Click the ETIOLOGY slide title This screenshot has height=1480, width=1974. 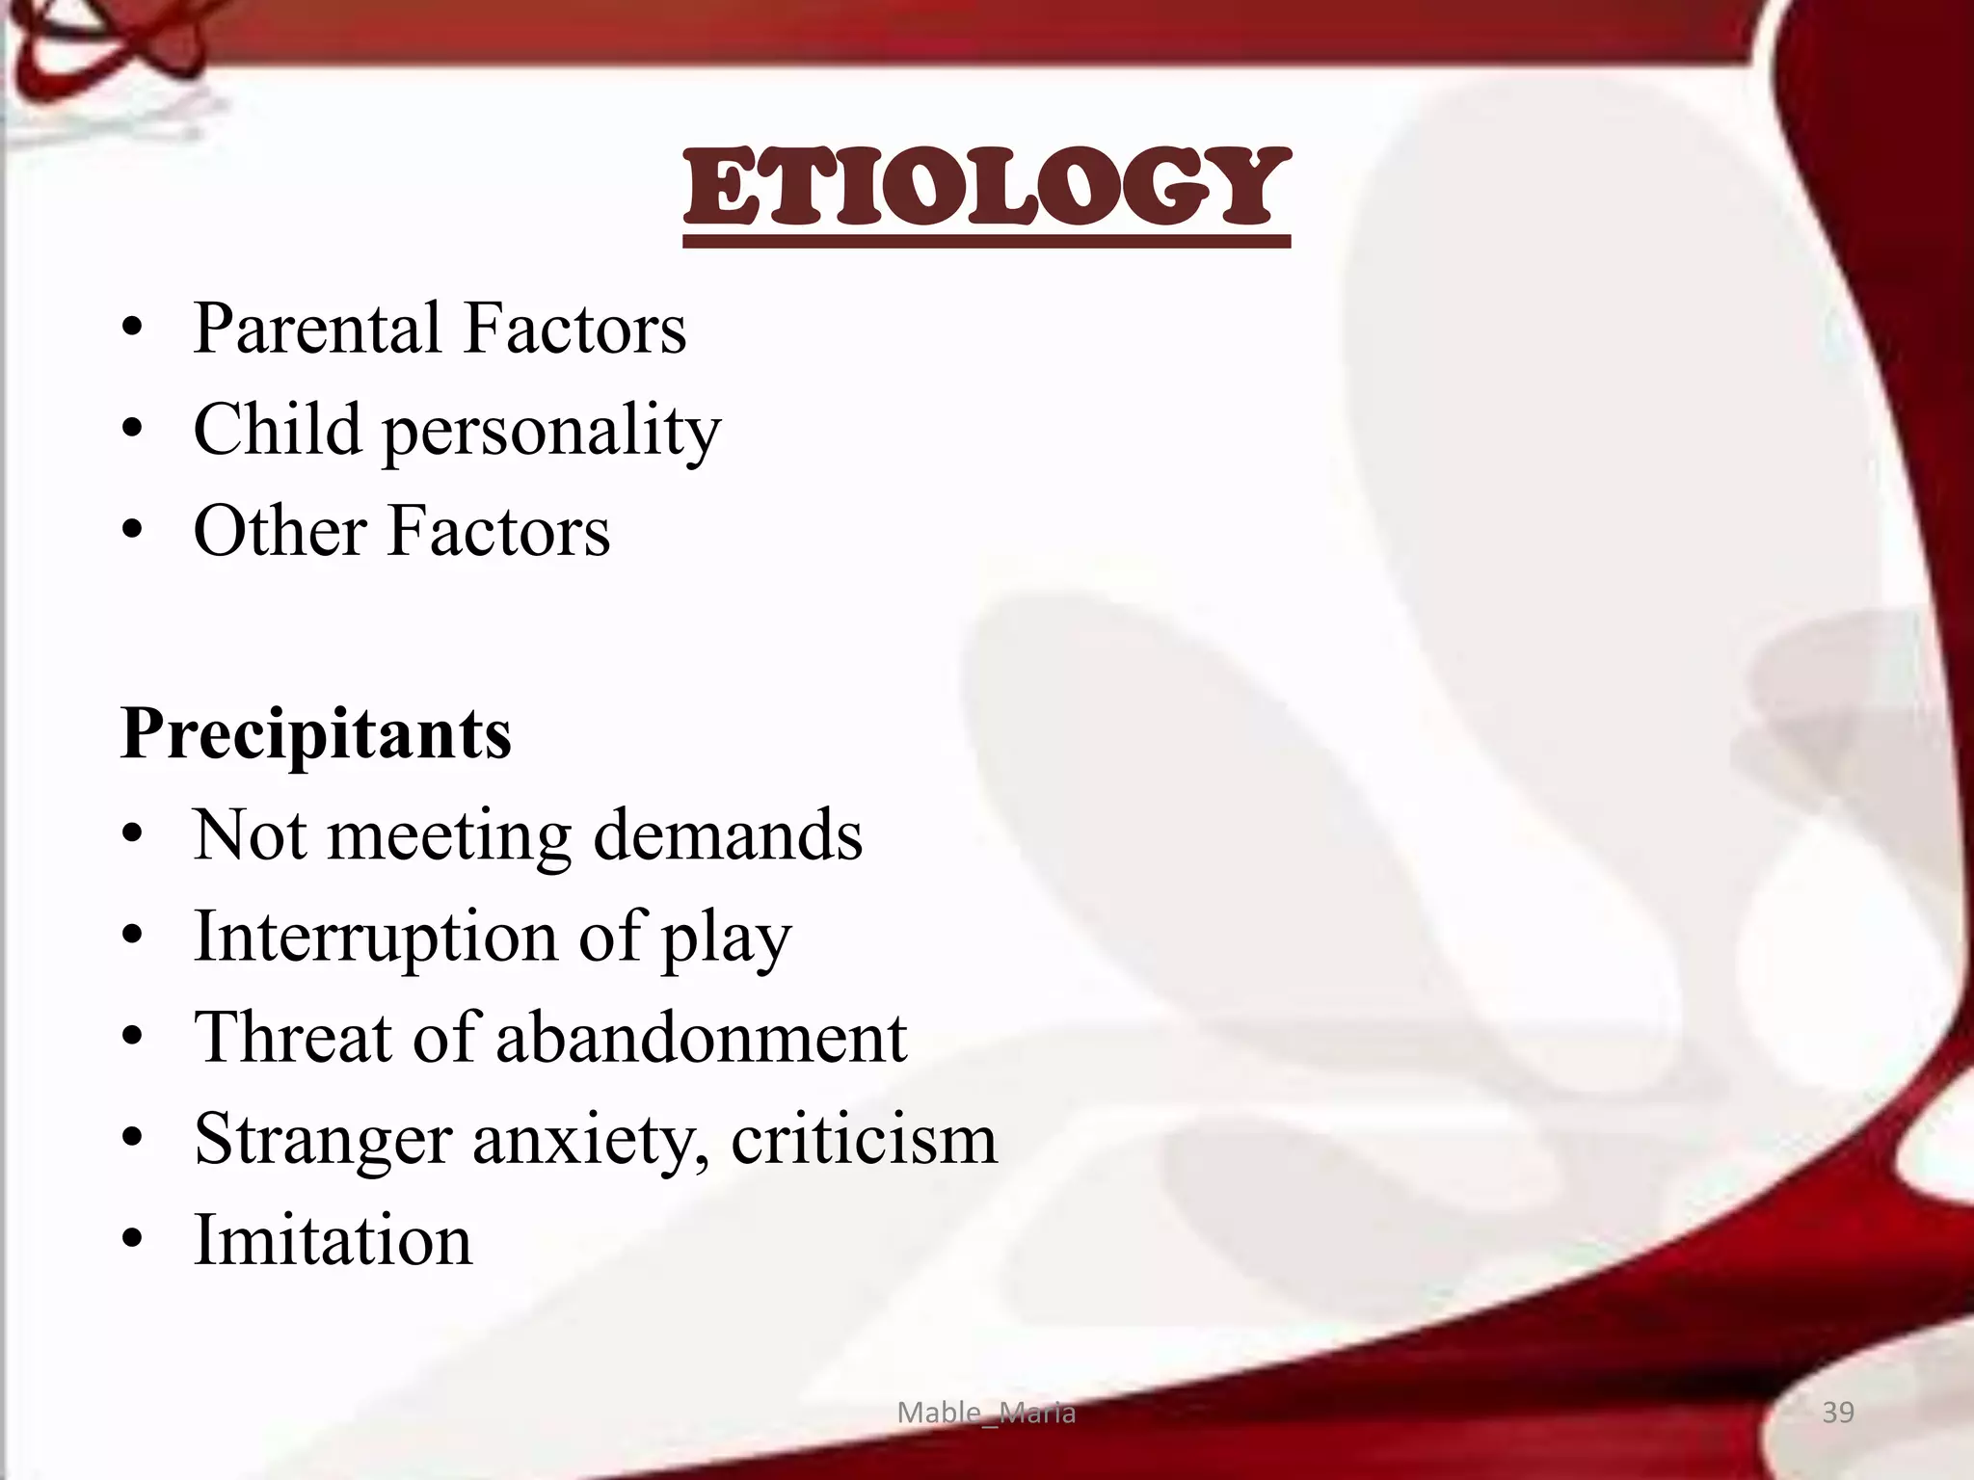click(x=986, y=188)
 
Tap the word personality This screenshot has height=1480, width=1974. click(x=551, y=431)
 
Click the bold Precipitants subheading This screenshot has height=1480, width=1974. click(x=316, y=734)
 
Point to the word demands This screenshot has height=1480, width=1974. click(x=728, y=835)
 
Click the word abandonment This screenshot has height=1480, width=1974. click(x=701, y=1038)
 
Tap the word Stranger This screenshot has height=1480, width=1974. click(x=323, y=1140)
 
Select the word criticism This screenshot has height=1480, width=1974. click(x=864, y=1140)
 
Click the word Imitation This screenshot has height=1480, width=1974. click(x=333, y=1241)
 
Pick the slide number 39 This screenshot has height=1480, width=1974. click(x=1838, y=1413)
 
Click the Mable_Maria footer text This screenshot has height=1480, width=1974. click(x=986, y=1413)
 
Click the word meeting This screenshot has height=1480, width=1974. click(x=450, y=835)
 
